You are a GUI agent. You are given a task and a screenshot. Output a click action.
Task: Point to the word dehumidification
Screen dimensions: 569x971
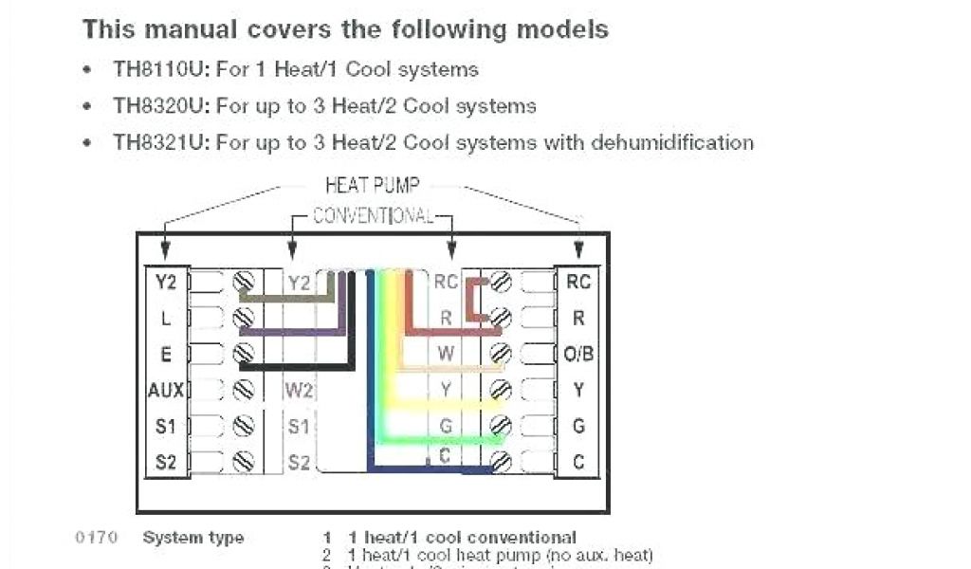click(672, 143)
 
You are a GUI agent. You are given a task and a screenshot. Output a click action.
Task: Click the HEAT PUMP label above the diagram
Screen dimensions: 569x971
click(372, 185)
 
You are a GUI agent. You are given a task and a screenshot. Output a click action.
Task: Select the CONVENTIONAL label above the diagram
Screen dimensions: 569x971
click(374, 215)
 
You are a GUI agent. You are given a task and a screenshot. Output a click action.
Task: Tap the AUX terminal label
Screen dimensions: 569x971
click(165, 390)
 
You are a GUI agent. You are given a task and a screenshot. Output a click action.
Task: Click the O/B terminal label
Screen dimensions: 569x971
click(577, 354)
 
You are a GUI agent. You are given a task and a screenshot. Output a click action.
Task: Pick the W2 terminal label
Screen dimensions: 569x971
click(299, 390)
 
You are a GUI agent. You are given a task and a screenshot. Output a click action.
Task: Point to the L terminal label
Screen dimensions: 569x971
click(166, 317)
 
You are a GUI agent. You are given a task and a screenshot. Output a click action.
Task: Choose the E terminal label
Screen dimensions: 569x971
click(166, 354)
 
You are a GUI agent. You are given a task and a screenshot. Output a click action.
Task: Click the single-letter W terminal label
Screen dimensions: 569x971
click(445, 354)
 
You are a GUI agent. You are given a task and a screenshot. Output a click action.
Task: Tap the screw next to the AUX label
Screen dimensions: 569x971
click(244, 390)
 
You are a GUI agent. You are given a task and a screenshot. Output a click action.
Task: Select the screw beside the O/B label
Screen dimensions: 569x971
click(502, 354)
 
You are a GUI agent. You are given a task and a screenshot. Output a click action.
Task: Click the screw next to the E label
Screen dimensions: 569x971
click(244, 354)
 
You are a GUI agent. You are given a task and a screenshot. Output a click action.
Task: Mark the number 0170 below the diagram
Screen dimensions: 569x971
click(96, 538)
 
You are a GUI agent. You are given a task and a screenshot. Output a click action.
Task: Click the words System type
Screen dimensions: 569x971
click(192, 538)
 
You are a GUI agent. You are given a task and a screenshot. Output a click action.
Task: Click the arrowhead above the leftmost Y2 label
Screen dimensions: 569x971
click(166, 250)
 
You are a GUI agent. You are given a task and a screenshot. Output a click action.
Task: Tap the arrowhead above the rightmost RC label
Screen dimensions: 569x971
click(578, 250)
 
